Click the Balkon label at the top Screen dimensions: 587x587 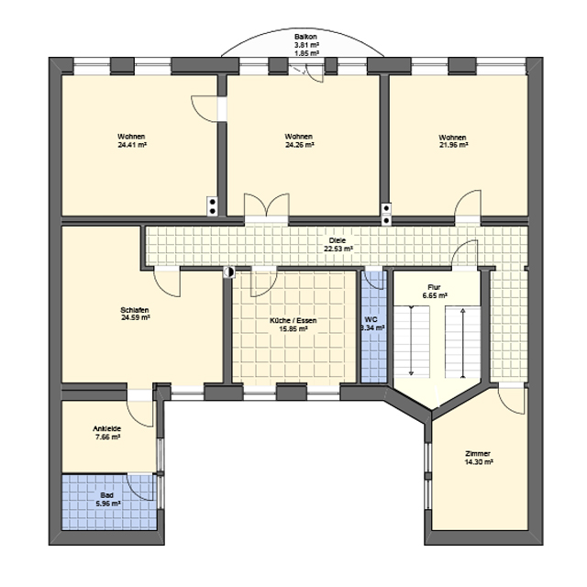coord(305,37)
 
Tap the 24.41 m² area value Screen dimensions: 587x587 coord(132,145)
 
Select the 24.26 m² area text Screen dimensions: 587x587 coord(300,145)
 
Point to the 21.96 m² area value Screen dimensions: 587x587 coord(453,145)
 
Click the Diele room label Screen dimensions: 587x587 coord(338,240)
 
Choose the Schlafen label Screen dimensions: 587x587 coord(135,310)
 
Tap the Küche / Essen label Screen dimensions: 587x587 coord(293,321)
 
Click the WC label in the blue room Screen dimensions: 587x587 coord(371,320)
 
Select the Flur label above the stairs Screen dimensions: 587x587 coord(434,287)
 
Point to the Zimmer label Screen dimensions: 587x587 coord(478,454)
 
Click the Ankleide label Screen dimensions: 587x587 coord(107,429)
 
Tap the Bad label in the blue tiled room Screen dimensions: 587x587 coord(106,495)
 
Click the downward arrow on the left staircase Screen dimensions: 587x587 coord(411,340)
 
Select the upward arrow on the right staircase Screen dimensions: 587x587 coord(463,343)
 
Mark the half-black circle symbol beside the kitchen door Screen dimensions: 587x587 coord(228,272)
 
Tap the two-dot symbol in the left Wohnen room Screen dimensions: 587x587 coord(212,206)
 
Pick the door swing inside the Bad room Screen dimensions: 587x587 coord(140,487)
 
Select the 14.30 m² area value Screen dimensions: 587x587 coord(479,462)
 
